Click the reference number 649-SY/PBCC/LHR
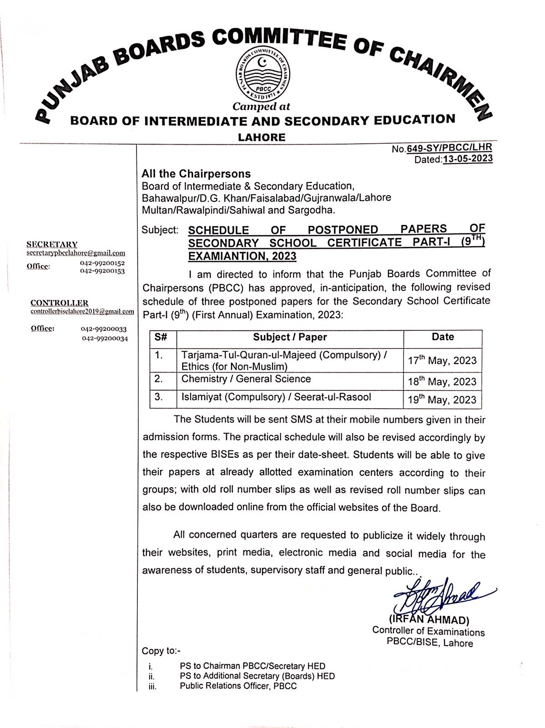pyautogui.click(x=449, y=148)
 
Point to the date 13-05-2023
pyautogui.click(x=467, y=159)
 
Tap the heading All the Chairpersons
pyautogui.click(x=196, y=174)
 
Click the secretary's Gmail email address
pyautogui.click(x=76, y=253)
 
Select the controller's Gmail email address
pyautogui.click(x=82, y=312)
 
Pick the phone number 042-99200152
pyautogui.click(x=102, y=263)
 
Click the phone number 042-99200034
pyautogui.click(x=105, y=338)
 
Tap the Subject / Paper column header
pyautogui.click(x=290, y=337)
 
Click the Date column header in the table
pyautogui.click(x=443, y=337)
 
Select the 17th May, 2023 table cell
pyautogui.click(x=442, y=361)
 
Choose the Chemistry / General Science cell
pyautogui.click(x=246, y=379)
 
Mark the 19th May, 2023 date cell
pyautogui.click(x=442, y=400)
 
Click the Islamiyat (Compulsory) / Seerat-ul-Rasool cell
pyautogui.click(x=276, y=397)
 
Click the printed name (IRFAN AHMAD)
pyautogui.click(x=429, y=620)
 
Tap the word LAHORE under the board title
pyautogui.click(x=262, y=137)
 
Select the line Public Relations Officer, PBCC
pyautogui.click(x=238, y=686)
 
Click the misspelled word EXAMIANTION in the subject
pyautogui.click(x=242, y=256)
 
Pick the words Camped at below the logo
pyautogui.click(x=261, y=107)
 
